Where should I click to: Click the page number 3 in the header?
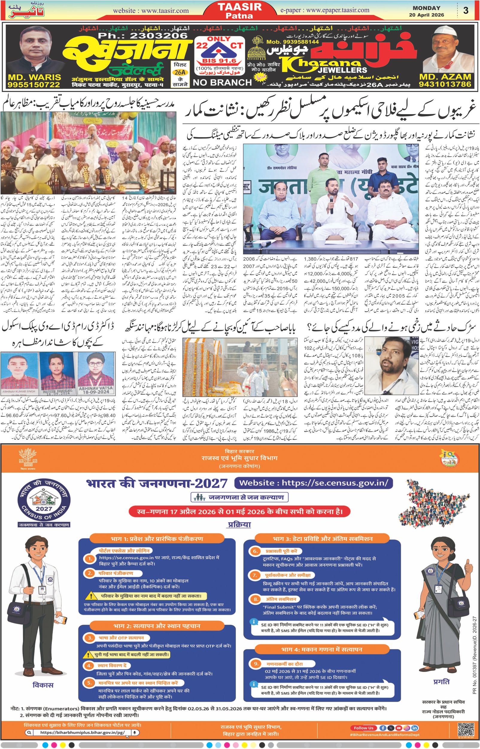tap(466, 10)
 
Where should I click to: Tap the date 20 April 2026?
tap(427, 15)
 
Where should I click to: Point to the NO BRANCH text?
tap(222, 82)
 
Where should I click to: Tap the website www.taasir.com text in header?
tap(151, 10)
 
